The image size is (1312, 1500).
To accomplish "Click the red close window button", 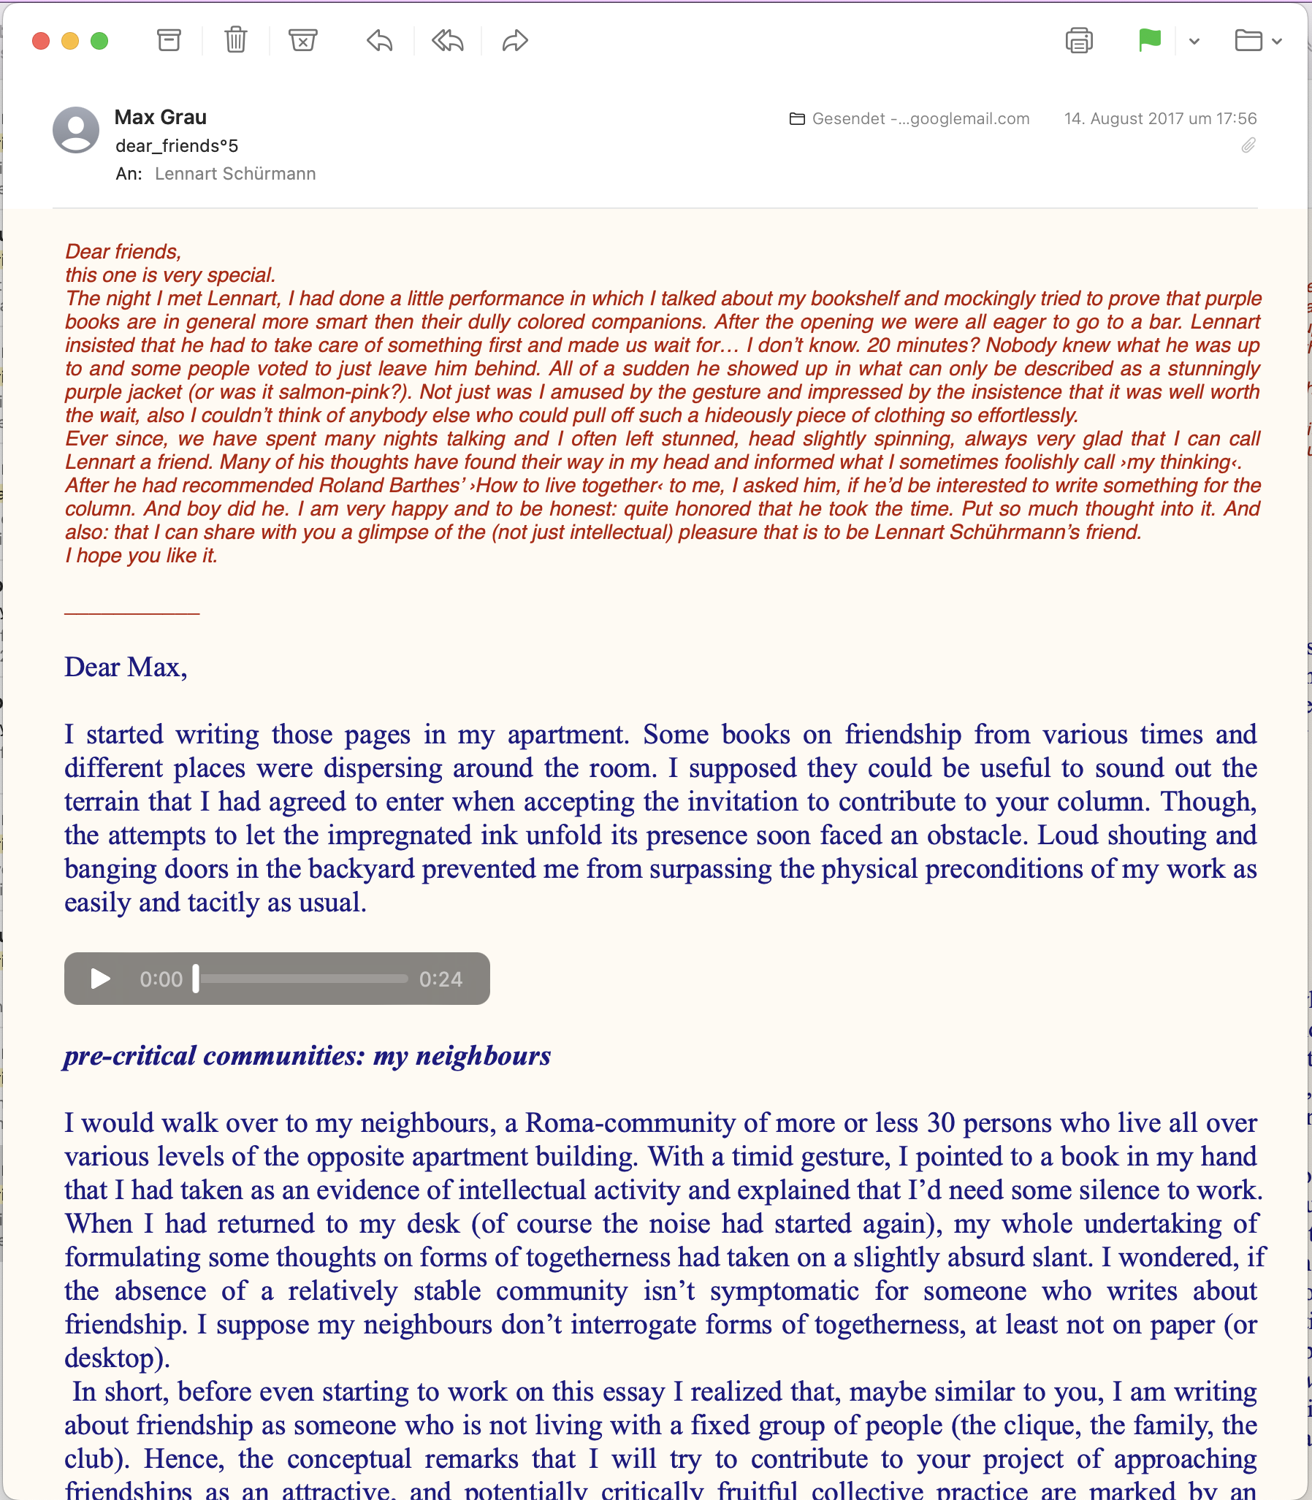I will pyautogui.click(x=41, y=41).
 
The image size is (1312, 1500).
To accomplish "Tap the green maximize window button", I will pyautogui.click(x=99, y=41).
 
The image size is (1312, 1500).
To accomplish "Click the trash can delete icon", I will pyautogui.click(x=236, y=40).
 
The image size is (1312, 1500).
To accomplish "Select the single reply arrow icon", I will pyautogui.click(x=379, y=41).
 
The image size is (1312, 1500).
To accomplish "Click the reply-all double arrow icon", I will pyautogui.click(x=447, y=41).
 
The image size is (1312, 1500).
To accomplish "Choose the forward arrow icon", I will pyautogui.click(x=516, y=41).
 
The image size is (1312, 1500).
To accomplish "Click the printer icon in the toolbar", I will pyautogui.click(x=1079, y=41).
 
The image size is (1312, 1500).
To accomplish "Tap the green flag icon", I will pyautogui.click(x=1150, y=40).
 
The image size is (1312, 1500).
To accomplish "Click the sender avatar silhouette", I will pyautogui.click(x=76, y=130).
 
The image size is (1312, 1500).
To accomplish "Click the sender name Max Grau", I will pyautogui.click(x=160, y=117).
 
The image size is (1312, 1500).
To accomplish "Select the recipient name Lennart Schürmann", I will pyautogui.click(x=235, y=174).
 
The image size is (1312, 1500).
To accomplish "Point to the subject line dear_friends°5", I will pyautogui.click(x=177, y=145).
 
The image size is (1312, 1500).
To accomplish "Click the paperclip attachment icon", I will pyautogui.click(x=1248, y=145).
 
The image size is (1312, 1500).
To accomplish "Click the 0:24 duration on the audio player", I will pyautogui.click(x=440, y=979).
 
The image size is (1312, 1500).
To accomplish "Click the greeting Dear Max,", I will pyautogui.click(x=125, y=667).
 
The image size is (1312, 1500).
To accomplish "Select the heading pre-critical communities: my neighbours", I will pyautogui.click(x=307, y=1056).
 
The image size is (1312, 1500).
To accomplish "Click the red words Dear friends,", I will pyautogui.click(x=123, y=252).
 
